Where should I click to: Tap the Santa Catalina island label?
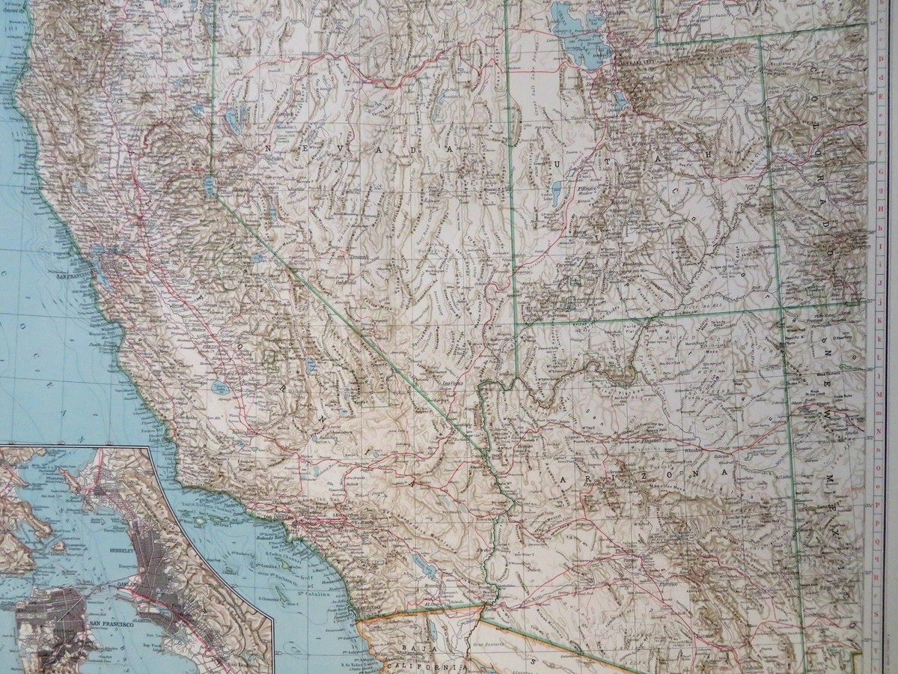(x=313, y=594)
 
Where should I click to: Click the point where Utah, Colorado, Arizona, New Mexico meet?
(x=781, y=306)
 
